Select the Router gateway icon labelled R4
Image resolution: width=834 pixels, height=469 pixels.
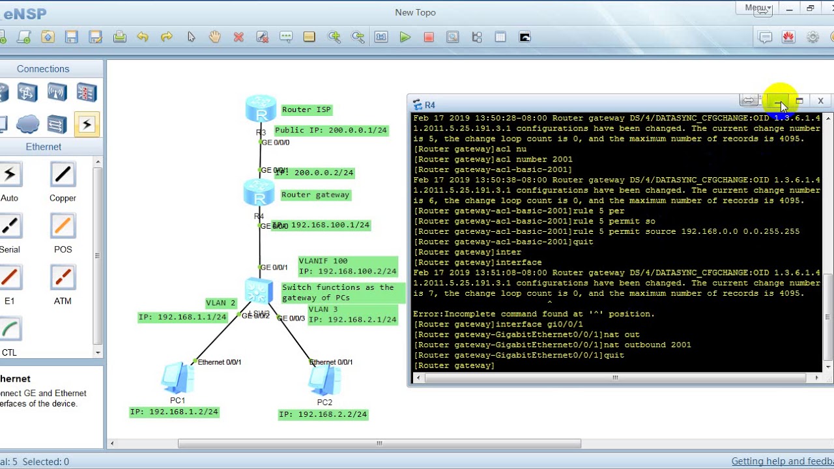coord(259,192)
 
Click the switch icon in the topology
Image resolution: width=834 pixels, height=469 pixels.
coord(259,291)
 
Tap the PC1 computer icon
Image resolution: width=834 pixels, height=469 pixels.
coord(177,378)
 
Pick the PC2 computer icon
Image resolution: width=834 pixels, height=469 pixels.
coord(324,380)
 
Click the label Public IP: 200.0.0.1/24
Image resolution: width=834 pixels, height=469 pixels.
coord(331,130)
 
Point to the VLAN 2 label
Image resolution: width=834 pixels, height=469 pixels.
coord(221,303)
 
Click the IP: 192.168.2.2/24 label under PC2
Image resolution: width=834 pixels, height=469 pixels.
coord(323,414)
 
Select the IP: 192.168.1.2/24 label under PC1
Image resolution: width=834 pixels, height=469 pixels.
coord(174,412)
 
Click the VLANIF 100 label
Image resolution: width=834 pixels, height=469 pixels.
coord(323,261)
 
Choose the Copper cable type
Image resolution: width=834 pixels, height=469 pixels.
coord(63,175)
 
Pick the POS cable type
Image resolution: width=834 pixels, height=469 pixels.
coord(63,226)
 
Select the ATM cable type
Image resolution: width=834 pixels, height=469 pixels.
coord(63,277)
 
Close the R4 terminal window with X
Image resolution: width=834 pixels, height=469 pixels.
coord(820,101)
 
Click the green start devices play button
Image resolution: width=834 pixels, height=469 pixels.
coord(405,37)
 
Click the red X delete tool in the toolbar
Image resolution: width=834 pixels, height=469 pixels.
coord(238,37)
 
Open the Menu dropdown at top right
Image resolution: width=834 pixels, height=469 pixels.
coord(757,8)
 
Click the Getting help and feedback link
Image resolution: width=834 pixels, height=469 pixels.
coord(782,461)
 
